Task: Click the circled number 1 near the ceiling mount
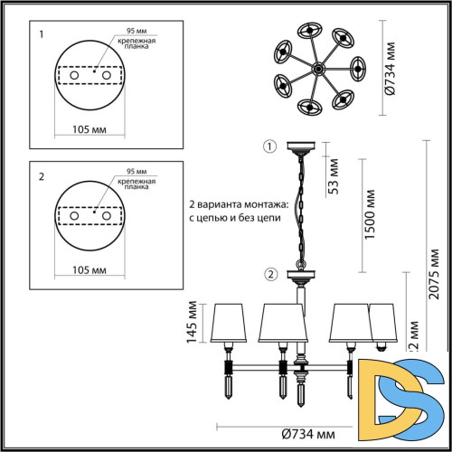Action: [x=268, y=146]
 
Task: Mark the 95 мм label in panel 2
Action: [x=136, y=170]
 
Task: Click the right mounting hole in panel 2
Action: [x=106, y=217]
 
